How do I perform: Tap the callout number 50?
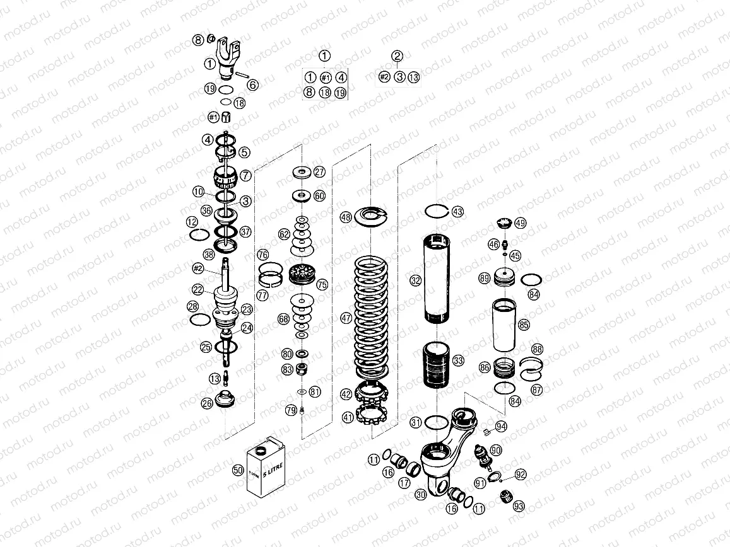click(x=238, y=470)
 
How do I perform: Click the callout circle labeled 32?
click(x=415, y=280)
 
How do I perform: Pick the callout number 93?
click(x=519, y=505)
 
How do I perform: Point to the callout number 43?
click(x=457, y=211)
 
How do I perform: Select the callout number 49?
click(x=520, y=223)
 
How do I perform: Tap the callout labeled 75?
click(x=322, y=285)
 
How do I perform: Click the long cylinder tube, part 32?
click(x=437, y=277)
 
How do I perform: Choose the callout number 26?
click(x=207, y=403)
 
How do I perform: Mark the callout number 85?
click(x=524, y=325)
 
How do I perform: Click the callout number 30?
click(x=421, y=495)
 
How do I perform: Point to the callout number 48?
click(x=346, y=217)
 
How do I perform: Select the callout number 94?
click(x=501, y=427)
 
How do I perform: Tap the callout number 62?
click(x=285, y=234)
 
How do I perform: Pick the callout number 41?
click(x=348, y=417)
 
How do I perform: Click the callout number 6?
click(x=252, y=84)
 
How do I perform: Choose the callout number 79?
click(x=290, y=410)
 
